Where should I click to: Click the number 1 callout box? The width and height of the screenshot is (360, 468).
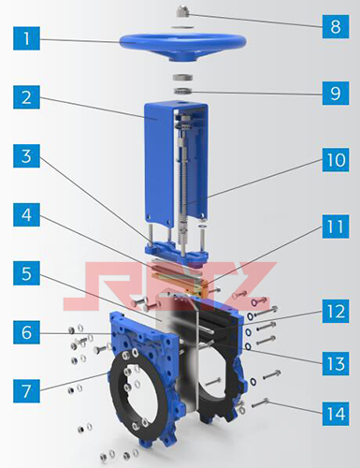26,38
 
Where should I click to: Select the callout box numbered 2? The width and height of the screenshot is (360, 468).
26,97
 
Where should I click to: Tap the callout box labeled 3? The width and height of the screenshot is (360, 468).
26,155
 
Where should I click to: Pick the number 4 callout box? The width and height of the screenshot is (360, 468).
26,214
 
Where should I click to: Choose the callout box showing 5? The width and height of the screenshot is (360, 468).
26,273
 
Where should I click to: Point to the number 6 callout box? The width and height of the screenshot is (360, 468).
26,332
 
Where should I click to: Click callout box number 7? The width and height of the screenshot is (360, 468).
26,391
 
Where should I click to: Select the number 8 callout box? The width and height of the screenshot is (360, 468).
336,26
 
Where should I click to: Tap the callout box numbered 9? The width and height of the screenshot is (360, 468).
336,93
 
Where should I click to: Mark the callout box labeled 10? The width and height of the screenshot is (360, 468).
336,160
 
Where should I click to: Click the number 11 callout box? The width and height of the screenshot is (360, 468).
336,227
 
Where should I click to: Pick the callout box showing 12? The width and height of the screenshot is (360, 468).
336,312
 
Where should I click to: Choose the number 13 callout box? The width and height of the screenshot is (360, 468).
336,363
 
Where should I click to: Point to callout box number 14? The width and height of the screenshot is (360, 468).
336,414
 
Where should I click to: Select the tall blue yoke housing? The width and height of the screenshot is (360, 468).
160,162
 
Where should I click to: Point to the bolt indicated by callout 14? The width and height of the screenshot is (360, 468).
260,402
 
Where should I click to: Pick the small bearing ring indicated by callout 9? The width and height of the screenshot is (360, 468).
182,91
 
